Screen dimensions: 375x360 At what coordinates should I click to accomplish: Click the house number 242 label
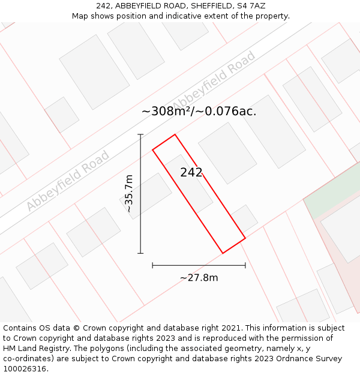click(x=191, y=173)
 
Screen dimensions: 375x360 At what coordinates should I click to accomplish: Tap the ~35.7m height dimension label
click(x=128, y=194)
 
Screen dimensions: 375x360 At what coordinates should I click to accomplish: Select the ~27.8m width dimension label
click(x=199, y=277)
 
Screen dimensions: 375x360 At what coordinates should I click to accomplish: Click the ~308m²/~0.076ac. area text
click(x=199, y=111)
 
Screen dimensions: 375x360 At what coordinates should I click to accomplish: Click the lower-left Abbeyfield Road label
click(x=67, y=181)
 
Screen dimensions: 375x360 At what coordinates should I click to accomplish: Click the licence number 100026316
click(x=25, y=369)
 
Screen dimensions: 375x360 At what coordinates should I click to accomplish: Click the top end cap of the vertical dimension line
click(x=140, y=134)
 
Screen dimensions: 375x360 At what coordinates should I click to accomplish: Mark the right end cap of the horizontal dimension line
click(x=245, y=265)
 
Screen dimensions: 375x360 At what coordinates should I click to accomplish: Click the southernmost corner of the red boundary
click(x=223, y=253)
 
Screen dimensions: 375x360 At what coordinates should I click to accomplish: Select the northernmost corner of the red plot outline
click(x=175, y=134)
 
